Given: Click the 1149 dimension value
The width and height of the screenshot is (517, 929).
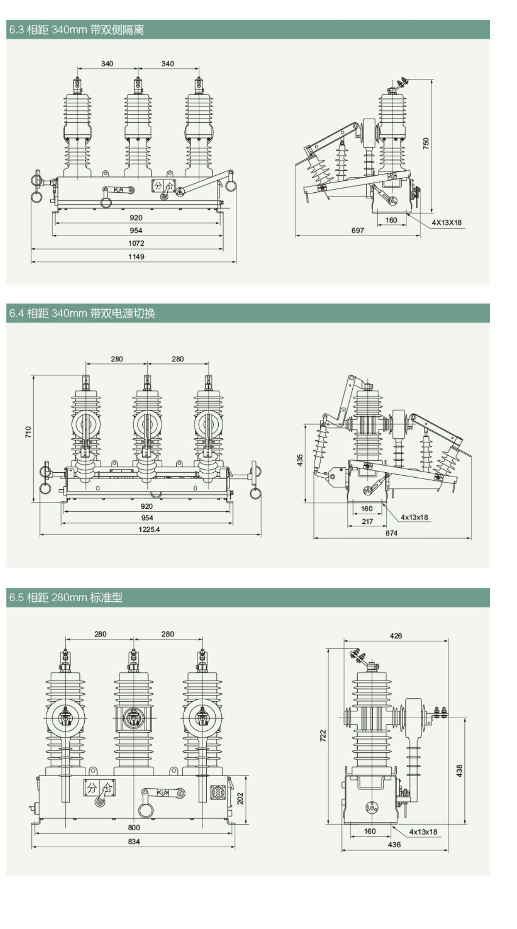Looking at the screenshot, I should click(136, 257).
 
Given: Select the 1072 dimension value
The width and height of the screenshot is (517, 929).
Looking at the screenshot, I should click(136, 243).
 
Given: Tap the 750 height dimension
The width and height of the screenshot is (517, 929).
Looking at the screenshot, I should click(426, 143).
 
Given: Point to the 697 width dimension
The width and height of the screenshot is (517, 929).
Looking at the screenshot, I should click(358, 230).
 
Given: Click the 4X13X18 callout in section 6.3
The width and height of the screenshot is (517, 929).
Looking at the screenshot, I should click(446, 223).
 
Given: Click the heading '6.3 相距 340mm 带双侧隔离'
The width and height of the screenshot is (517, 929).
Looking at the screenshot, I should click(77, 30).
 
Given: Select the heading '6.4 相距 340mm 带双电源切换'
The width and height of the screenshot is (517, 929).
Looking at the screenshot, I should click(82, 313).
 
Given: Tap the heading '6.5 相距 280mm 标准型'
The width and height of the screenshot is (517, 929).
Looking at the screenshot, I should click(66, 597).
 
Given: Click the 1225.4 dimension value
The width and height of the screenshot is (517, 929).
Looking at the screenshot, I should click(149, 529).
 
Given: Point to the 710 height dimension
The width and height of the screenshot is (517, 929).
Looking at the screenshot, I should click(28, 432).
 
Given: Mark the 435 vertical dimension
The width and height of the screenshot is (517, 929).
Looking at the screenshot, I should click(300, 460).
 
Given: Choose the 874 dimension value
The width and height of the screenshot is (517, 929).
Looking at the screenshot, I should click(391, 533).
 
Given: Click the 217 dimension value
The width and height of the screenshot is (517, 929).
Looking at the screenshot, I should click(367, 521).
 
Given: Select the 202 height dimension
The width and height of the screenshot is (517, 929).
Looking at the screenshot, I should click(240, 799).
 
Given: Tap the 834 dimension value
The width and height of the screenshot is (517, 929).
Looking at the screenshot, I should click(134, 841).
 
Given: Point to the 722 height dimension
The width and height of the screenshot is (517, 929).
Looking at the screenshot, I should click(323, 736).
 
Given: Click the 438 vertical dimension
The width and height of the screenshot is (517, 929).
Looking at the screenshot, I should click(459, 770).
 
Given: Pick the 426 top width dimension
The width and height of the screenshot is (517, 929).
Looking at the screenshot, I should click(396, 636).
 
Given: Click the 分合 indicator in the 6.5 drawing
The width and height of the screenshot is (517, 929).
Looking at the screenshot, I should click(99, 787).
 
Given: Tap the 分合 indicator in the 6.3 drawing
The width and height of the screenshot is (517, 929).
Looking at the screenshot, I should click(163, 186).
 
